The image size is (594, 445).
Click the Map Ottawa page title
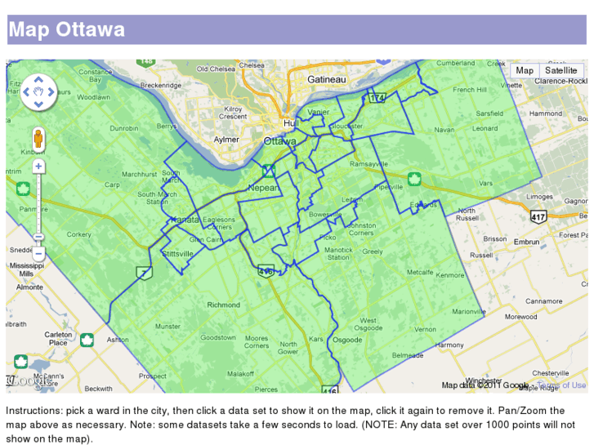pyautogui.click(x=67, y=30)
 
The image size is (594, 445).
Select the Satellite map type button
pyautogui.click(x=561, y=70)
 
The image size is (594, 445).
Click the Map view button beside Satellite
pyautogui.click(x=525, y=70)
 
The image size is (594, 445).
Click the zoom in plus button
pyautogui.click(x=38, y=167)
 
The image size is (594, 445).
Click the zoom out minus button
pyautogui.click(x=38, y=253)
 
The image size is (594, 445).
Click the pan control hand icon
pyautogui.click(x=38, y=91)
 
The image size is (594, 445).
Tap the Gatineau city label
pyautogui.click(x=327, y=79)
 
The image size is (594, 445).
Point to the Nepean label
pyautogui.click(x=263, y=188)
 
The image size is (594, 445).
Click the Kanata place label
pyautogui.click(x=184, y=220)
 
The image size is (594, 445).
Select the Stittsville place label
pyautogui.click(x=178, y=254)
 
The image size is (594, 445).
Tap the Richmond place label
pyautogui.click(x=224, y=305)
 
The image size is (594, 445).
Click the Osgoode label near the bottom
pyautogui.click(x=347, y=340)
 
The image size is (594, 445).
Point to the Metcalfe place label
pyautogui.click(x=420, y=272)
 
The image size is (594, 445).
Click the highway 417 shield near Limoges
pyautogui.click(x=538, y=217)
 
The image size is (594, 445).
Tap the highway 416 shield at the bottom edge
pyautogui.click(x=329, y=390)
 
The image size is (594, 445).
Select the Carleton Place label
pyautogui.click(x=58, y=338)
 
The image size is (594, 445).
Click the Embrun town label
pyautogui.click(x=527, y=242)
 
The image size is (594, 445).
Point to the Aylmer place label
pyautogui.click(x=226, y=140)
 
